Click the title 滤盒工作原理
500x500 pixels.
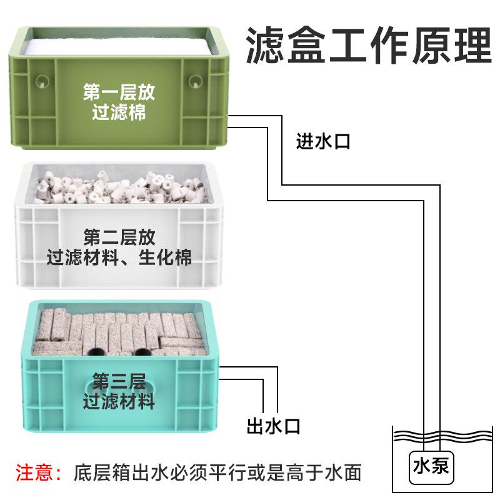(x=369, y=45)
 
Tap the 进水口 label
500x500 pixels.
(x=323, y=142)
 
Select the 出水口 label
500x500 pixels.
(x=274, y=427)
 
